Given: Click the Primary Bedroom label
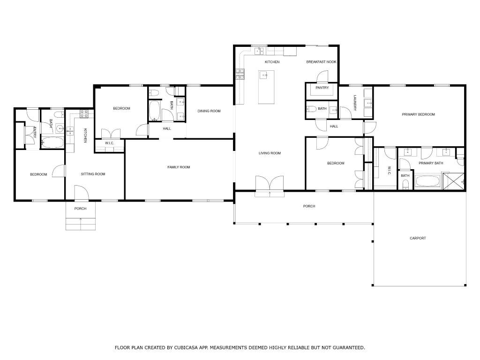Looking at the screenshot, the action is coord(418,114).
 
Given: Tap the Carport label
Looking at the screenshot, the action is coord(418,238).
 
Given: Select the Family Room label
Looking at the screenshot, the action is coord(179,167).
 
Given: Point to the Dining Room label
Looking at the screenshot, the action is coord(209,111).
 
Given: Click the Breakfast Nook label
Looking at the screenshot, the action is coord(321,62).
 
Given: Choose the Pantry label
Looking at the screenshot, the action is coord(322,88).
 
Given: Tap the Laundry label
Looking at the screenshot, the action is coord(355,103).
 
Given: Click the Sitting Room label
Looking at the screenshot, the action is coord(93,174).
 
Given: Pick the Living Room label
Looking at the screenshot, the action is coord(270,153).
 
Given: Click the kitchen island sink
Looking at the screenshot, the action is coord(263,75).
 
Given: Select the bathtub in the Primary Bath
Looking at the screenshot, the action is coord(427,180).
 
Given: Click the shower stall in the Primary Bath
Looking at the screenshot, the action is coord(454,181).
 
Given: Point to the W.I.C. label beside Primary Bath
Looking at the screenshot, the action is coord(389,171).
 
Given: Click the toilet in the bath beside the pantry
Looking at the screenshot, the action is coord(311,109).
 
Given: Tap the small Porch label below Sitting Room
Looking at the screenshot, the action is coord(80,209).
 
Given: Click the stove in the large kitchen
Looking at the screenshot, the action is coord(240,74).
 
